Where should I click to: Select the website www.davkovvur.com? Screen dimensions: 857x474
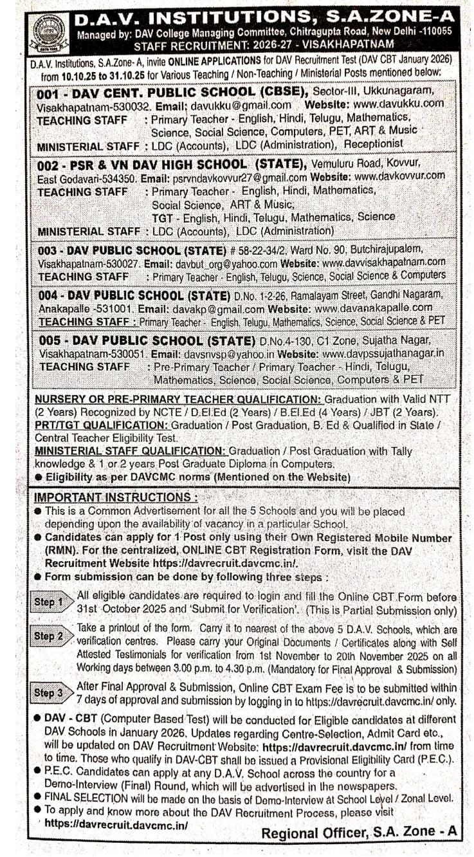(399, 176)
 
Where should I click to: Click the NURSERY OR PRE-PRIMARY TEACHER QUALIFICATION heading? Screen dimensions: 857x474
(178, 400)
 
